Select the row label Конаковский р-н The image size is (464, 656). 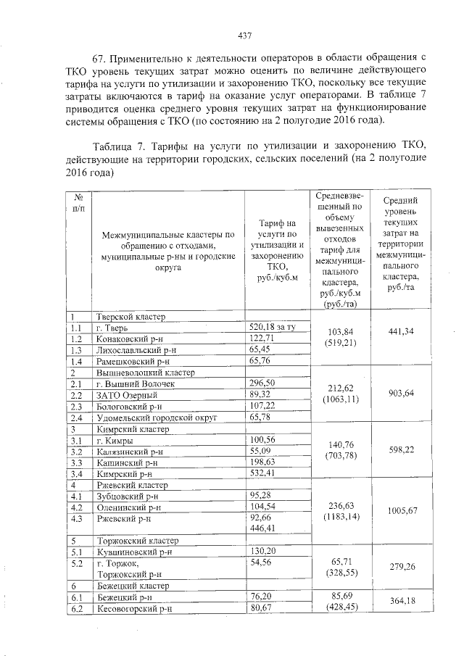(132, 339)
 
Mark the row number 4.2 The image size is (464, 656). (75, 507)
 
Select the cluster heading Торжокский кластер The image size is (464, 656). (135, 541)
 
